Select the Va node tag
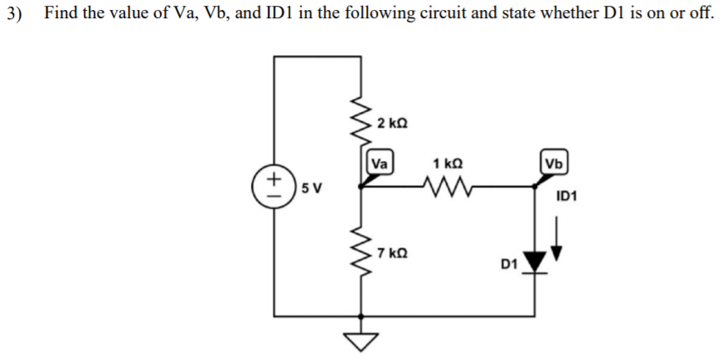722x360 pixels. coord(380,163)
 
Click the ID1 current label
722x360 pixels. coord(568,197)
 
